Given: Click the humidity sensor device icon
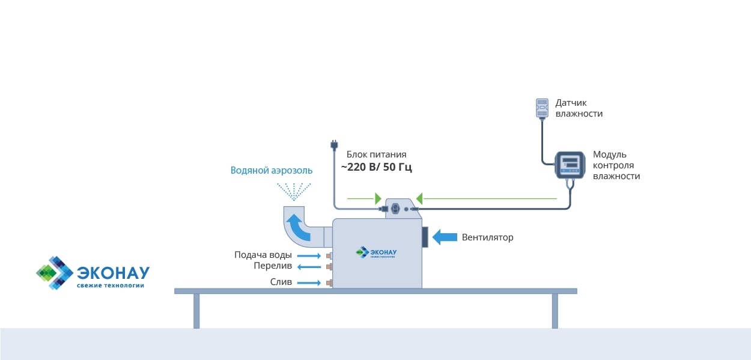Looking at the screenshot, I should (x=543, y=108).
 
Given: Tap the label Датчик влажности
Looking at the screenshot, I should (x=579, y=108).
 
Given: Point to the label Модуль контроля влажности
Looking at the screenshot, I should (x=616, y=165).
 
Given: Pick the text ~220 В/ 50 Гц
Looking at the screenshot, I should (x=376, y=167).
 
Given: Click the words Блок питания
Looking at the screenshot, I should (x=377, y=154).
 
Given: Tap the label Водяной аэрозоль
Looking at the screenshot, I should (x=272, y=170).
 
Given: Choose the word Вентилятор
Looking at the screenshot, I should (x=487, y=237).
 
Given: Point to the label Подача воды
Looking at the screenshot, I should (x=263, y=255).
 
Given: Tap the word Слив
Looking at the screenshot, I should (x=281, y=282).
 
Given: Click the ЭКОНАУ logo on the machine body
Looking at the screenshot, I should (x=377, y=252).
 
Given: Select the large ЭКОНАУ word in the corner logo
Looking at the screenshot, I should (x=113, y=272).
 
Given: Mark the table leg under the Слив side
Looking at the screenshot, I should (x=196, y=311).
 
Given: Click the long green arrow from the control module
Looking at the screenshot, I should (x=487, y=198).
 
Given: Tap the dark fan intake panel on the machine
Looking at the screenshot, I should (x=425, y=237).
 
